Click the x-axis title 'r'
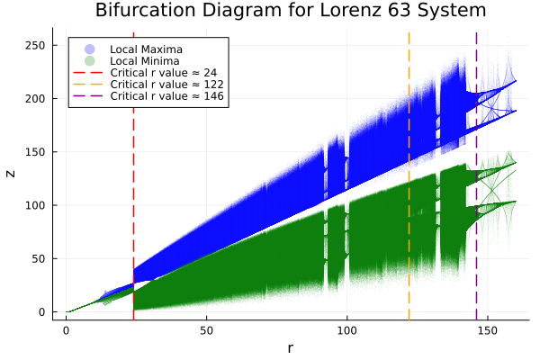pos(290,346)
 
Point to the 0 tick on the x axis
pos(67,330)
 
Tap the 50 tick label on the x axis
pos(207,330)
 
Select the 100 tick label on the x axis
pos(347,330)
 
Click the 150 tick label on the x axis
pos(488,330)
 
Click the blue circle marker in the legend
pos(88,48)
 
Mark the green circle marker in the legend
pos(88,60)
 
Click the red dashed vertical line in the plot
pos(133,180)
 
